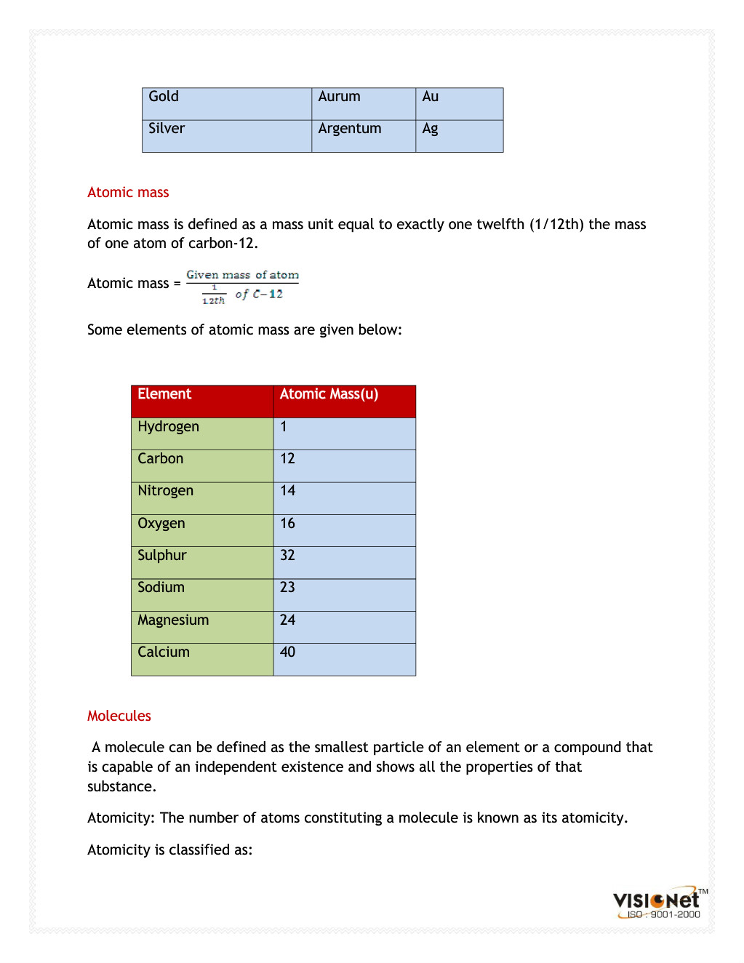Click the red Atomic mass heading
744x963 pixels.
click(128, 193)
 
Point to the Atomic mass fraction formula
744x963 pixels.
click(242, 287)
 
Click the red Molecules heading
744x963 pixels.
click(119, 716)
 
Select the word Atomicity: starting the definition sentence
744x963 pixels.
click(121, 818)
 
